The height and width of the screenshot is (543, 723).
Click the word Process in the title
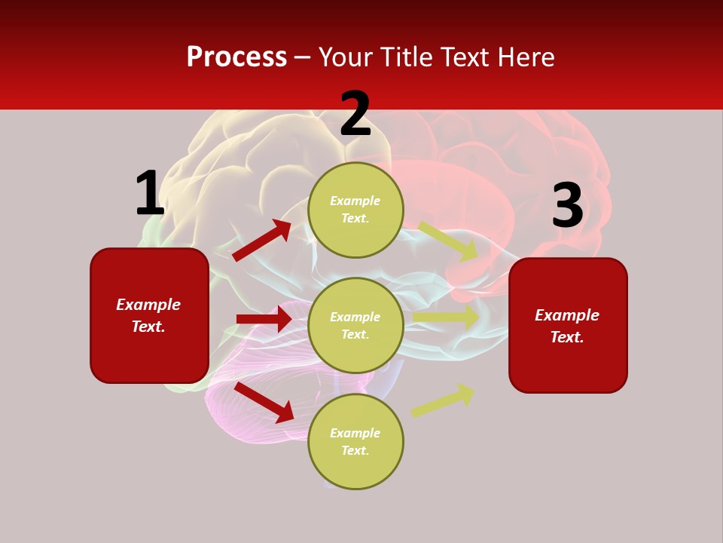pyautogui.click(x=236, y=57)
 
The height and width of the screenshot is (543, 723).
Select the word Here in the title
pyautogui.click(x=525, y=57)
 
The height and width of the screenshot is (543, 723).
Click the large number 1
pyautogui.click(x=149, y=194)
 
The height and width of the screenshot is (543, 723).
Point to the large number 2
pyautogui.click(x=355, y=115)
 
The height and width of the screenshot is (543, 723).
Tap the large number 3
pyautogui.click(x=567, y=206)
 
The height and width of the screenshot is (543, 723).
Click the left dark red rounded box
pyautogui.click(x=149, y=315)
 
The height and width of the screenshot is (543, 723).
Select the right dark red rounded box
pyautogui.click(x=568, y=325)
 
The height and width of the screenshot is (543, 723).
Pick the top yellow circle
pyautogui.click(x=355, y=210)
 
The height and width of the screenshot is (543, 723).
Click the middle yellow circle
pyautogui.click(x=355, y=325)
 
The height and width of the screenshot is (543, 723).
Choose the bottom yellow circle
pyautogui.click(x=355, y=441)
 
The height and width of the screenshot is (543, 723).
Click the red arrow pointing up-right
pyautogui.click(x=262, y=240)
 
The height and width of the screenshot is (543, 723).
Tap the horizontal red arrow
pyautogui.click(x=264, y=319)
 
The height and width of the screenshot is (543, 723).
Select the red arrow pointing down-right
pyautogui.click(x=264, y=402)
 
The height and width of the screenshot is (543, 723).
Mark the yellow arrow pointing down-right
pyautogui.click(x=448, y=241)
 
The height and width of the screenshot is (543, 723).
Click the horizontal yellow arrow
pyautogui.click(x=446, y=318)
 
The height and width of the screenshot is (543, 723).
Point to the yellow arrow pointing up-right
pyautogui.click(x=443, y=400)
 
